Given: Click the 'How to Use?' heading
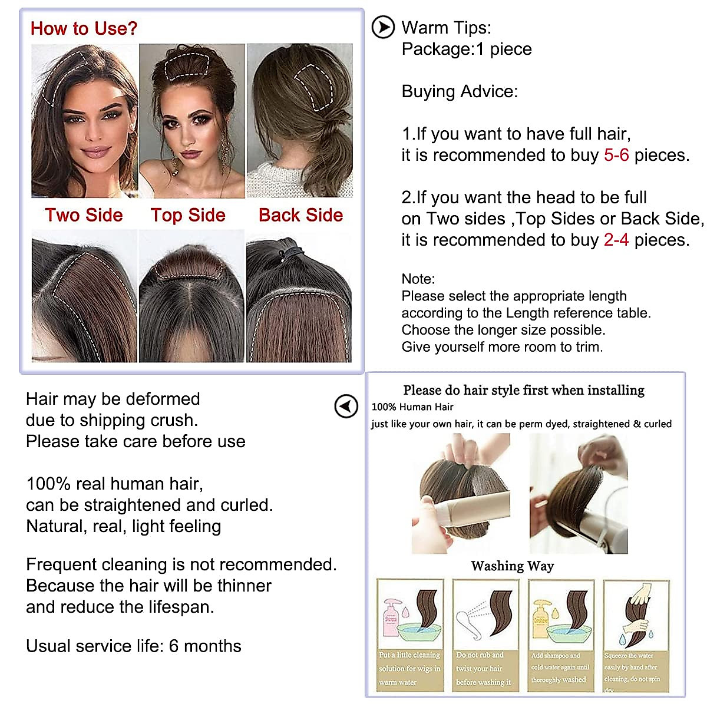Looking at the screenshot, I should [84, 28].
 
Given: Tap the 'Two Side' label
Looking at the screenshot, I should [84, 215].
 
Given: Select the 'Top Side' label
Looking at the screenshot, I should [188, 215].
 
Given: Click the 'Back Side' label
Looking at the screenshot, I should [300, 215].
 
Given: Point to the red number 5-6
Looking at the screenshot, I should [616, 155].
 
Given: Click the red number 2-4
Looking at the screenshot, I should [616, 240].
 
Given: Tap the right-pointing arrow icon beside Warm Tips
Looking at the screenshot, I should [383, 28].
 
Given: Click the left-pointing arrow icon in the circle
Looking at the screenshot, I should [346, 406].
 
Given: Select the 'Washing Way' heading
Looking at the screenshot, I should [513, 566].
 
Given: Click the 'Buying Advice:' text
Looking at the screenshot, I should [460, 91].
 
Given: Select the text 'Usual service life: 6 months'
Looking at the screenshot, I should [134, 646].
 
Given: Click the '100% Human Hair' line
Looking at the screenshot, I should [412, 407].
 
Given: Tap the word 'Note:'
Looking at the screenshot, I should [418, 279].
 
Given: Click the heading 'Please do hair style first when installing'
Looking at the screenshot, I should [524, 390].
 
